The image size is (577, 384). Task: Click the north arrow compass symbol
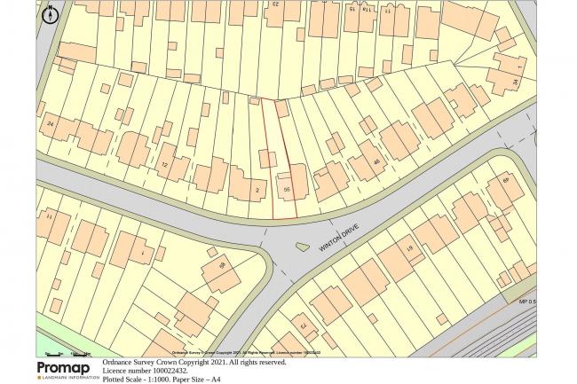pos(50,15)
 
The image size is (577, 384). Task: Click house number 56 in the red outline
pos(286,188)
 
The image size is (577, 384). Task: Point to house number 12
pos(164,165)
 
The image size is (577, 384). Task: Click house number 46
pos(376,162)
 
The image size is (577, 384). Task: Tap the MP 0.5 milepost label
pos(528,302)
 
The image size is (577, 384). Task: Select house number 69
pos(507,180)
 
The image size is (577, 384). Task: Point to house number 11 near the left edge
pos(50,217)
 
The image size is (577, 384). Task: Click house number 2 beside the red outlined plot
pos(257,189)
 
